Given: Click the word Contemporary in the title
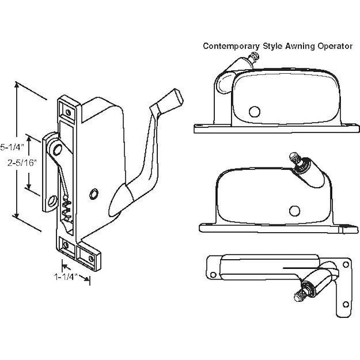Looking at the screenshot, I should (230, 45).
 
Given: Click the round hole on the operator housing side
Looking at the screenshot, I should (94, 193).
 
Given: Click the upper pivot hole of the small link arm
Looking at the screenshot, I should (57, 147).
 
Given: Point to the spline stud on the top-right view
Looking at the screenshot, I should (255, 58).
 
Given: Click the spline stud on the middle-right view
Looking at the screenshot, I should (294, 158).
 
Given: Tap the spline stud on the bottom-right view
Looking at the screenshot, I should (300, 295).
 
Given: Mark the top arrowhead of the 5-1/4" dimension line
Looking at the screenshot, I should (17, 85).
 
